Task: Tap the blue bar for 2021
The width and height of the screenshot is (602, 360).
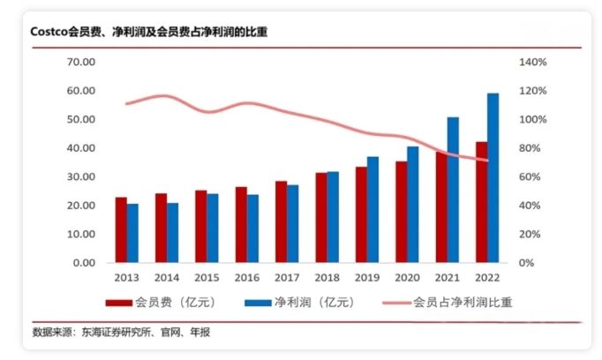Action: coord(453,190)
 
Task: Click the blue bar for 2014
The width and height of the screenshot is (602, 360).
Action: coord(172,233)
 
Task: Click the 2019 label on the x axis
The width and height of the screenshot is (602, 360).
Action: coord(366,277)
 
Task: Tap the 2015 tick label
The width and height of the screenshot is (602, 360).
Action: coord(207,277)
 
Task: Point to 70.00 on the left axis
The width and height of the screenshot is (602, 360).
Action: coord(80,63)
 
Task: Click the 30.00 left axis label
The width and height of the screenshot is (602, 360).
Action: coord(80,177)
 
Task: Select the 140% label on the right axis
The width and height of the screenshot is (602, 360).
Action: coord(534,63)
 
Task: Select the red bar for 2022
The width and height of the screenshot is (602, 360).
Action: coord(481,202)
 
